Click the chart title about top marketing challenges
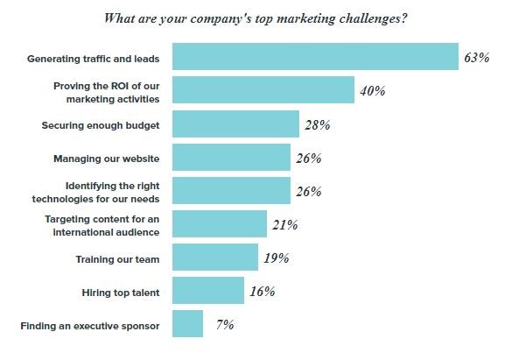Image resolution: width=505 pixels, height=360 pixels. [255, 18]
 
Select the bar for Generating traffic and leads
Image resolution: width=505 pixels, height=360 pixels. [315, 57]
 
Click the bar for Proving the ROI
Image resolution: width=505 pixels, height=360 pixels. [263, 90]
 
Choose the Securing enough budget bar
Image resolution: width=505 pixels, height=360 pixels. [235, 124]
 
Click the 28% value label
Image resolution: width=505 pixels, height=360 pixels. [317, 125]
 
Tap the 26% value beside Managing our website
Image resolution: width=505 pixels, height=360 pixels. [309, 159]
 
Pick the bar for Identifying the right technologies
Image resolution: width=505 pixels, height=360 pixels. [231, 191]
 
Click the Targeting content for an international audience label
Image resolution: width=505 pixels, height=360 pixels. [102, 225]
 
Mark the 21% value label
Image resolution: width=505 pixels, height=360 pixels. [285, 225]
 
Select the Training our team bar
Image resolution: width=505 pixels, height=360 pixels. [215, 258]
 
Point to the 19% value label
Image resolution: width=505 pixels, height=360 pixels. [277, 258]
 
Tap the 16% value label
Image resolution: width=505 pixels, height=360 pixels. [263, 292]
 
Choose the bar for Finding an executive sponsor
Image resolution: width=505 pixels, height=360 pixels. [187, 324]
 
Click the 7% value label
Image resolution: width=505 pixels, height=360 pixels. [225, 325]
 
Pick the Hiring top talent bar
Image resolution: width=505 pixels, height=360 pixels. [208, 291]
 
